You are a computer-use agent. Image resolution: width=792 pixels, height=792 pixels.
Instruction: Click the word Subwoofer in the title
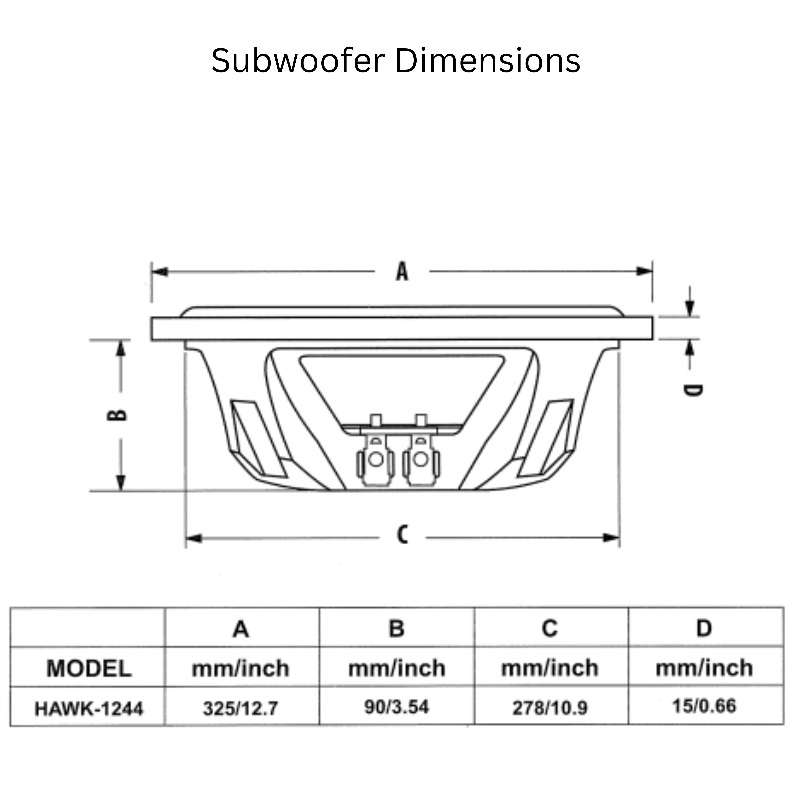coord(298,61)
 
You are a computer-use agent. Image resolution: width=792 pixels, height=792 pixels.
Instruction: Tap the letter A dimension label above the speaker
coord(402,272)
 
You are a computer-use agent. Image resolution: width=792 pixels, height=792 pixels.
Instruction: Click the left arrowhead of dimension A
coord(160,271)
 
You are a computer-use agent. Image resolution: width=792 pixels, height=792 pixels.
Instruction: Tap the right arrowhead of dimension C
coord(611,537)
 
